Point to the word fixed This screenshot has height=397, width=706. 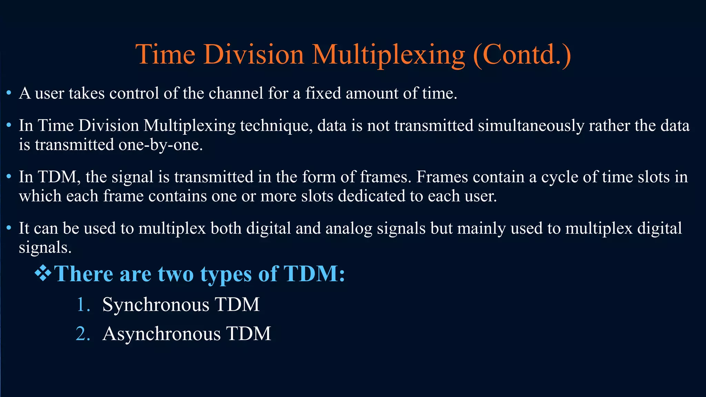[323, 93]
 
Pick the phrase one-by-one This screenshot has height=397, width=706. [160, 145]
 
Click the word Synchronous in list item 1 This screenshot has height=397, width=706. [155, 305]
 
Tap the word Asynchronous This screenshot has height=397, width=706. [161, 334]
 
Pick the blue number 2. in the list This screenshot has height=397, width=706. [83, 334]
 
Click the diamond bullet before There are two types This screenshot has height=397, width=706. [43, 273]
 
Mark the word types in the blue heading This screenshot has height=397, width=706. [226, 275]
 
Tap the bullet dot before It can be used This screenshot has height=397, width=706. [9, 228]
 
